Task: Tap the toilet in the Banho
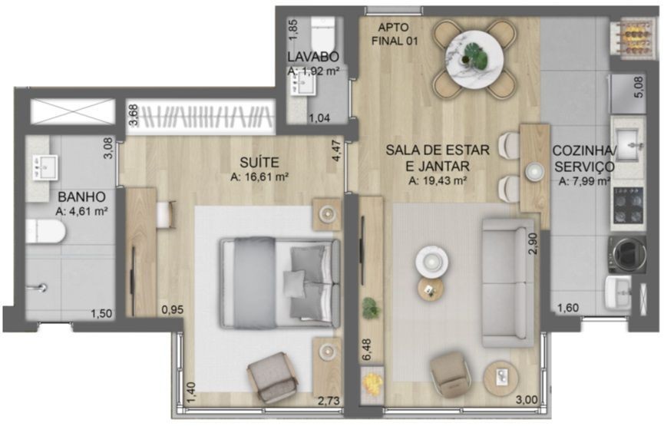click(x=45, y=231)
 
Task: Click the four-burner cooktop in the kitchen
click(x=629, y=206)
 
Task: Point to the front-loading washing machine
click(x=628, y=254)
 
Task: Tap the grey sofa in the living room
click(x=508, y=282)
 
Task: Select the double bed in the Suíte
click(x=280, y=282)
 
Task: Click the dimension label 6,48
click(x=367, y=350)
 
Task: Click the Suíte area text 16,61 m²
click(x=259, y=177)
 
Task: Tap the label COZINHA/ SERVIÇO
click(x=584, y=159)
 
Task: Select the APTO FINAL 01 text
click(x=395, y=35)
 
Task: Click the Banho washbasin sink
click(x=45, y=167)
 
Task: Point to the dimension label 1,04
click(x=319, y=118)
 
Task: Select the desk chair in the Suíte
click(x=167, y=215)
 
